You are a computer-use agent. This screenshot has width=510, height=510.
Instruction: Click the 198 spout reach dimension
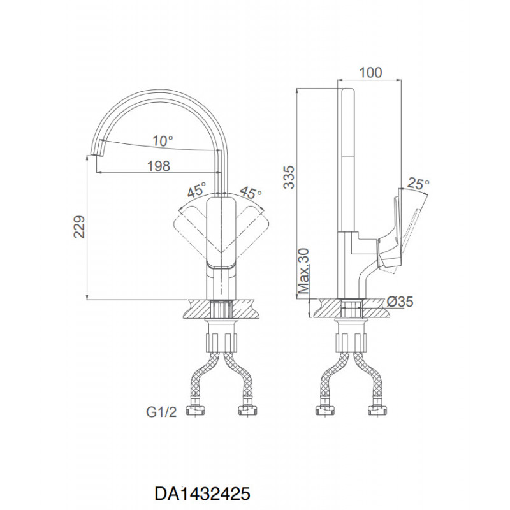point(159,166)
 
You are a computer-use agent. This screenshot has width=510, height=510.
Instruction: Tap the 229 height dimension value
point(79,227)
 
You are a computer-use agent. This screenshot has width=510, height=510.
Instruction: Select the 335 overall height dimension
point(289,177)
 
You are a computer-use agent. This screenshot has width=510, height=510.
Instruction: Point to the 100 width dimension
point(370,73)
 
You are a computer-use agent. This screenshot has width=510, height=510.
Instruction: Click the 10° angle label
point(163,141)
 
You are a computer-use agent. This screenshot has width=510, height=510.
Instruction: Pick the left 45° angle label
point(197,189)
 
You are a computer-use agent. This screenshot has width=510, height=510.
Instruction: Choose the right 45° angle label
point(251,193)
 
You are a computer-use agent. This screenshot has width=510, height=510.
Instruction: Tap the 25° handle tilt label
point(418,184)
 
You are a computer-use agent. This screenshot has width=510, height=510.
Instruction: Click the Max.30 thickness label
point(304,271)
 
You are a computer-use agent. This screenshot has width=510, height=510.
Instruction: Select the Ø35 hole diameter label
point(400,302)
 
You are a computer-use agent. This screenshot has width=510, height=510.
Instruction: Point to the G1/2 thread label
point(161,412)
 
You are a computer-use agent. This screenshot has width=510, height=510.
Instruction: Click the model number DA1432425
point(202,493)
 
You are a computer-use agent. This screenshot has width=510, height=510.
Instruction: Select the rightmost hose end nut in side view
point(377,410)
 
